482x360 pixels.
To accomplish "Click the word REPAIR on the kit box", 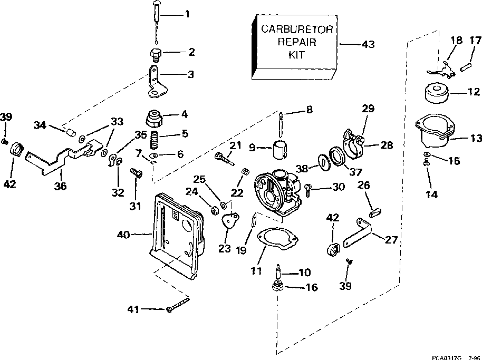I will click(x=297, y=42).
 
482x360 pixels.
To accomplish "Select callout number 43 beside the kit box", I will click(x=368, y=45).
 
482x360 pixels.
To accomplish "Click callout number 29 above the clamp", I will click(x=368, y=109).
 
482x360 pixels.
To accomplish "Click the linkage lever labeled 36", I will click(x=58, y=158).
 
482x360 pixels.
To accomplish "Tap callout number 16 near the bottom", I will click(x=311, y=288).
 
